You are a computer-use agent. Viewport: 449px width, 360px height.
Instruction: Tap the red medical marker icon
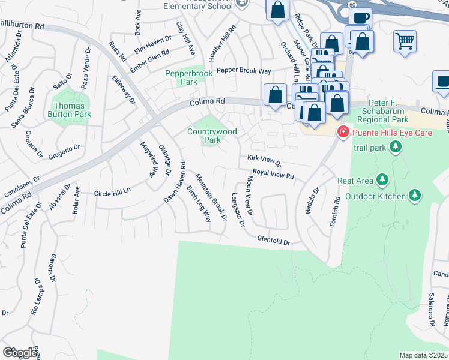point(343,131)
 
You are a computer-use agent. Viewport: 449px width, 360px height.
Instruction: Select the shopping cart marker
point(405,42)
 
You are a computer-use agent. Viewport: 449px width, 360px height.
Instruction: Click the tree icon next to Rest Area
point(381,180)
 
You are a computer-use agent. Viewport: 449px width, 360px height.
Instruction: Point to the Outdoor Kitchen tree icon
point(414,195)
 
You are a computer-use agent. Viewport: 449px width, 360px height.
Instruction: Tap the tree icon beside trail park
point(395,146)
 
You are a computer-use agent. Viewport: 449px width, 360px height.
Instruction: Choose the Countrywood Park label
point(212,136)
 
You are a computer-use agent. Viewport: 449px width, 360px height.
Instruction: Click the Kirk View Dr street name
point(264,160)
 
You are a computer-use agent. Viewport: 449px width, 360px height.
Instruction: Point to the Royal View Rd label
point(273,173)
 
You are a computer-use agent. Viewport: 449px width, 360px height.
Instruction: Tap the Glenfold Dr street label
point(274,240)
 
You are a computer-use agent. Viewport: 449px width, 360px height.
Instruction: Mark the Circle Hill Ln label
point(112,193)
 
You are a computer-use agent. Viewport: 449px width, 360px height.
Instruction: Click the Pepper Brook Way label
point(243,71)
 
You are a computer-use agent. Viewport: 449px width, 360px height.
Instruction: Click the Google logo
point(20,352)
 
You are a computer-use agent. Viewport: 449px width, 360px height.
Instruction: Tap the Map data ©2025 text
point(423,355)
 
